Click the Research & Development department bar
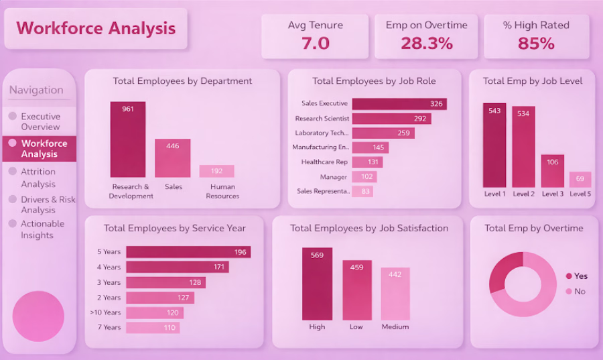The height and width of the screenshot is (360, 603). tap(127, 139)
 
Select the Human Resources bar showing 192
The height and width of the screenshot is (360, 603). tap(216, 171)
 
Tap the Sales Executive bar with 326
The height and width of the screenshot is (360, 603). tap(399, 104)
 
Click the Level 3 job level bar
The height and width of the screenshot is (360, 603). tap(553, 171)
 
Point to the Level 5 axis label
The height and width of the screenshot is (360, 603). tap(580, 194)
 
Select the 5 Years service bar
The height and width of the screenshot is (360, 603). tap(189, 252)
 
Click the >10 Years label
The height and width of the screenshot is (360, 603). tap(105, 312)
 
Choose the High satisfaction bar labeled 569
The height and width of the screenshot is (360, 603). tap(317, 284)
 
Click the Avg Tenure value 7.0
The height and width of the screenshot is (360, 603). tap(315, 44)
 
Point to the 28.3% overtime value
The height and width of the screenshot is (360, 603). tap(427, 44)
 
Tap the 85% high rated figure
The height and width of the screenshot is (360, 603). tap(536, 44)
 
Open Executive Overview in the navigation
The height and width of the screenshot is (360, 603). tap(40, 121)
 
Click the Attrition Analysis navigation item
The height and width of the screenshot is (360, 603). tap(38, 178)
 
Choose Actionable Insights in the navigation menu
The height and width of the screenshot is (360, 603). tap(42, 229)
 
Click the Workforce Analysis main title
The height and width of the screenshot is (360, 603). tap(96, 28)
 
